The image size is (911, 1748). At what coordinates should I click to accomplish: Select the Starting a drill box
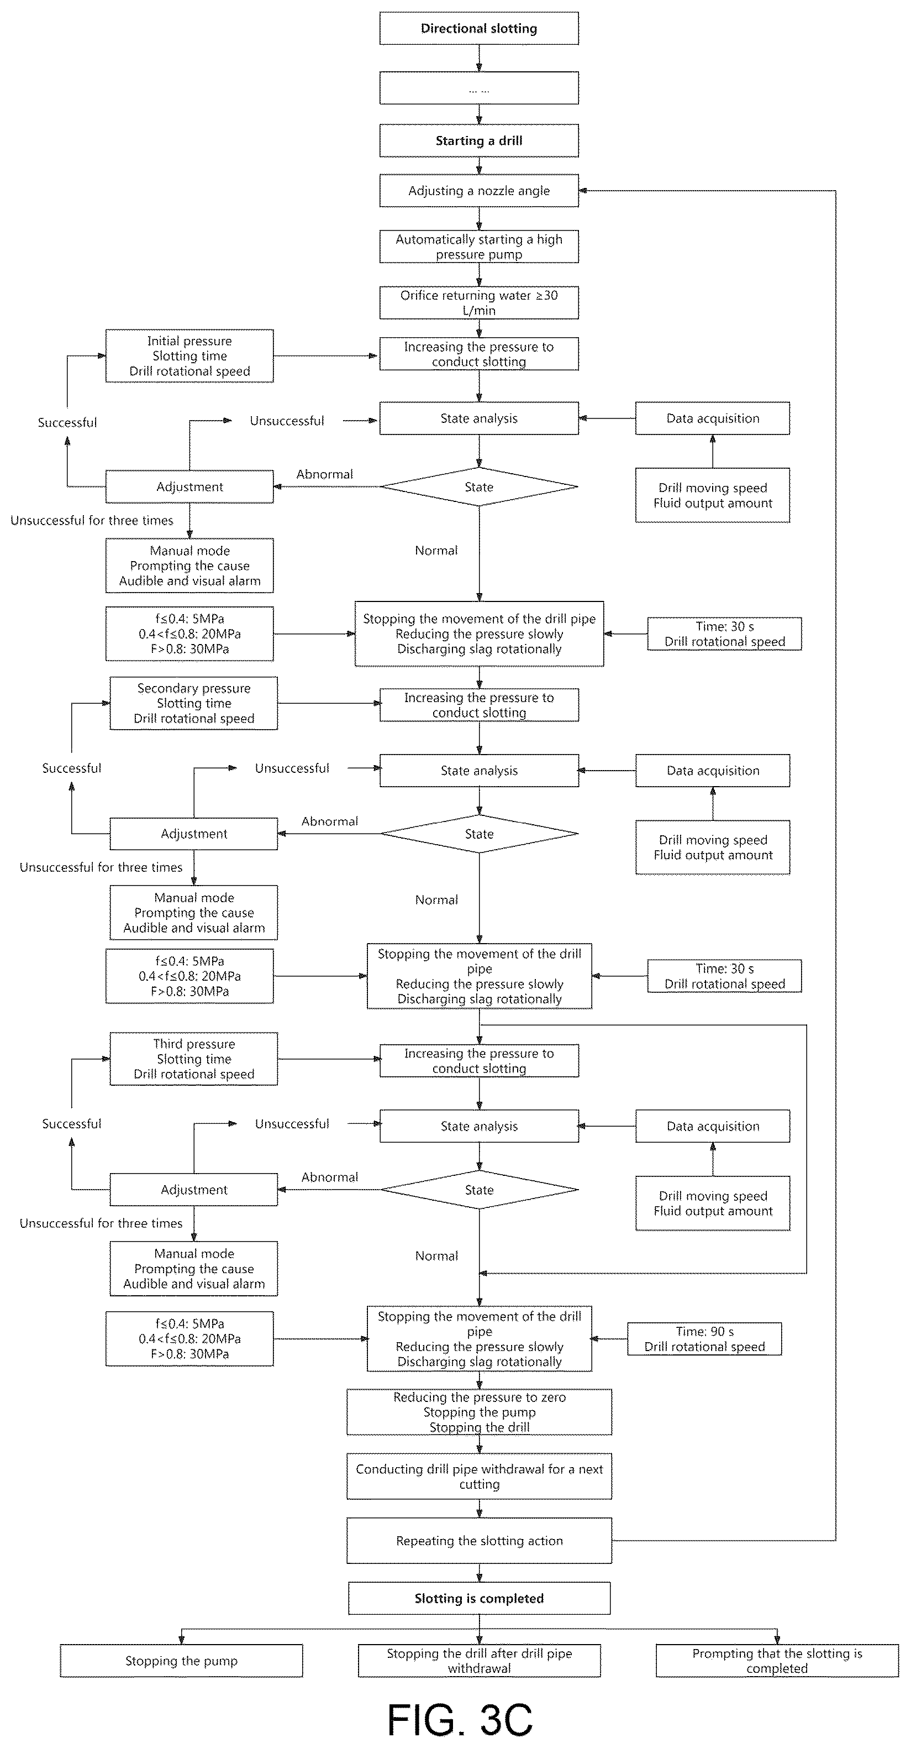(x=479, y=140)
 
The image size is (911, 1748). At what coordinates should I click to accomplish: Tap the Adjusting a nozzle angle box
(x=479, y=191)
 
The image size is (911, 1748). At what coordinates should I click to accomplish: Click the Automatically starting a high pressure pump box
(x=479, y=247)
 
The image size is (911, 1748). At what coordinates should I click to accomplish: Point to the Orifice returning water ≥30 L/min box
(x=479, y=302)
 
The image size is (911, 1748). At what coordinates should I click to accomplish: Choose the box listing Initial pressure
(x=189, y=356)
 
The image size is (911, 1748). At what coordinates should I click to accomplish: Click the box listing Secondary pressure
(x=194, y=703)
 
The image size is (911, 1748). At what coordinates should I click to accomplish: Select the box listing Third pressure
(x=194, y=1059)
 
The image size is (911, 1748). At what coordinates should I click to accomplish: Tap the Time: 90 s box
(x=704, y=1339)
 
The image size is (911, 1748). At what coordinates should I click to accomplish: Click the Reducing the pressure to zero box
(x=479, y=1412)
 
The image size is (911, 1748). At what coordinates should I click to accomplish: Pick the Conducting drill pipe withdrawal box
(x=479, y=1476)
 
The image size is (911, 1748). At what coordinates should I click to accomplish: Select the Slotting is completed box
(x=479, y=1598)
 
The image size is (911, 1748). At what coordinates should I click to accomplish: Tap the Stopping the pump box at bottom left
(x=181, y=1661)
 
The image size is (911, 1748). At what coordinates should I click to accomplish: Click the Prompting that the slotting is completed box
(x=777, y=1661)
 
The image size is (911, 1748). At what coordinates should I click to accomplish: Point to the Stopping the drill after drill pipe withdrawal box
(x=479, y=1661)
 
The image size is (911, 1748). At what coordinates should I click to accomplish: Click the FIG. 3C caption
(x=460, y=1719)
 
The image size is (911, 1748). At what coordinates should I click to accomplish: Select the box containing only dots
(x=479, y=88)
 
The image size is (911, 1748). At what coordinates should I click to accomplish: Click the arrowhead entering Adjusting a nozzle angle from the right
(x=583, y=191)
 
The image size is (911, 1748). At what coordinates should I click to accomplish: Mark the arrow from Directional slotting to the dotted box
(x=479, y=59)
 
